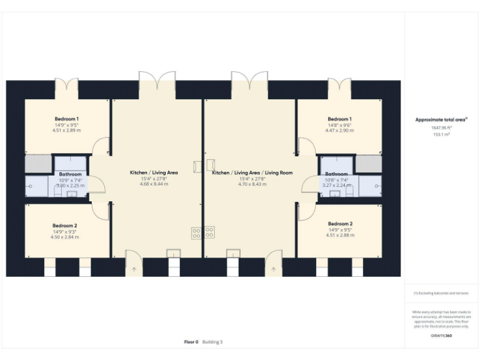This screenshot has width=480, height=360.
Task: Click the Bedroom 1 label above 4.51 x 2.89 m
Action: coord(66,119)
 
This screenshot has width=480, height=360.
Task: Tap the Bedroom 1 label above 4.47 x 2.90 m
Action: coord(339,119)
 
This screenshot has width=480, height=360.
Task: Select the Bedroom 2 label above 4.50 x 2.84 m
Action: coord(64,225)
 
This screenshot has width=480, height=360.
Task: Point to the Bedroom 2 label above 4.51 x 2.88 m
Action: coord(340,223)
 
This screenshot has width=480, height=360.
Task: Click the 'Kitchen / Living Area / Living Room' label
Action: coord(252,172)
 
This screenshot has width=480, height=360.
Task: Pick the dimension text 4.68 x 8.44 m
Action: coord(154,184)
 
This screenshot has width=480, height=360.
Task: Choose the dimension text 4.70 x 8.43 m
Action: coord(252,184)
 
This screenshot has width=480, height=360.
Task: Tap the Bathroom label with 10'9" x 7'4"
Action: coord(71,174)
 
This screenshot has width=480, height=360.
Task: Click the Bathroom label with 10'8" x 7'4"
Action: coord(336,174)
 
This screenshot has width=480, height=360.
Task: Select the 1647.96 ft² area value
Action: coord(441,127)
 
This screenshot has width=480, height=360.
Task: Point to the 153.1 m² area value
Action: coord(441,134)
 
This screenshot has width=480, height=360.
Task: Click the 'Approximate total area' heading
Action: coord(441,119)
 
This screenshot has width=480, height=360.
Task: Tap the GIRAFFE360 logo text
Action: coord(441,336)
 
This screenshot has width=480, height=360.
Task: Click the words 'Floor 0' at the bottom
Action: coord(191,342)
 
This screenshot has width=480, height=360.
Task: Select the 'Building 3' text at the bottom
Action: coord(212,342)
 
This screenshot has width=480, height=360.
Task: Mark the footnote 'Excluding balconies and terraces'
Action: coord(441,292)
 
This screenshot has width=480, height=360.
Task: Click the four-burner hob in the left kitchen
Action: coord(196,232)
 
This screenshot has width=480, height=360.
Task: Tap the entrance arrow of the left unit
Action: coord(134,269)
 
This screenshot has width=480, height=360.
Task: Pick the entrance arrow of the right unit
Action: coord(272,269)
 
